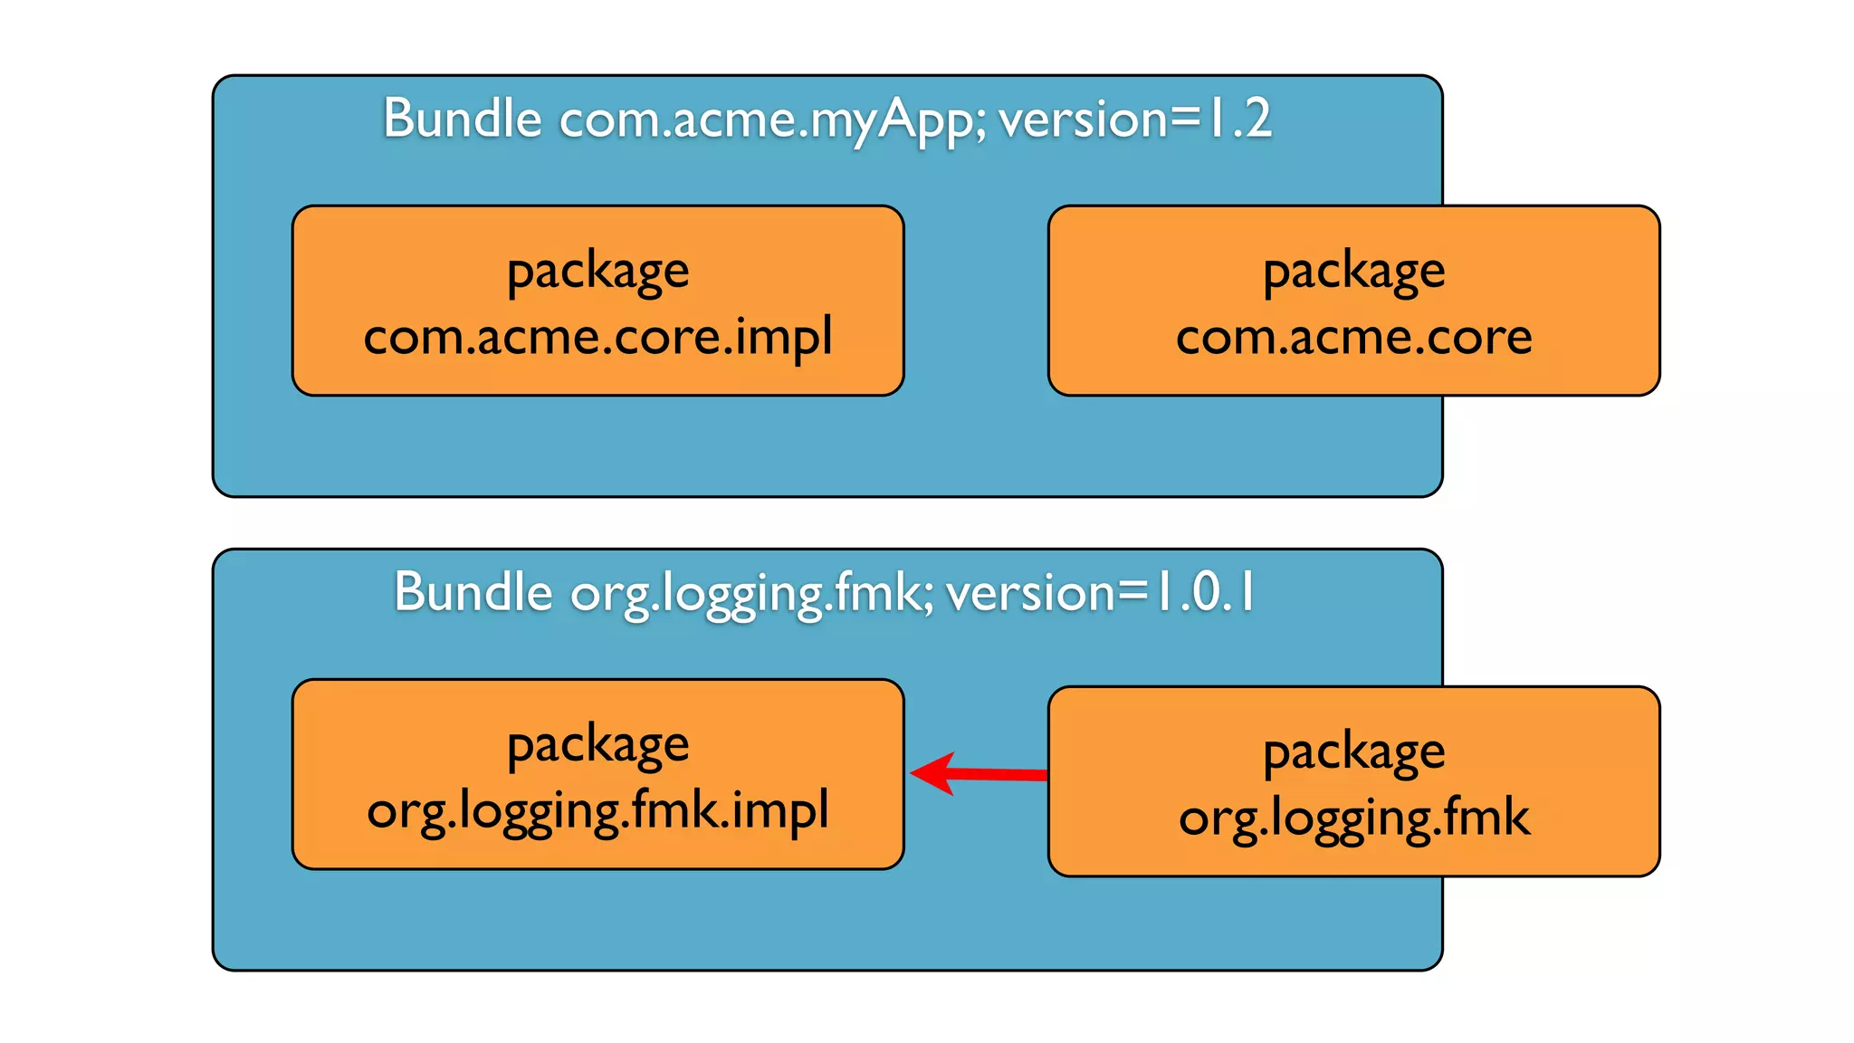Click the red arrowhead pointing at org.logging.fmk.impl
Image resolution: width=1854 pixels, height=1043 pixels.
point(932,773)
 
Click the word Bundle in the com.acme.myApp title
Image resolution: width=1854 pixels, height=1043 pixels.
point(462,119)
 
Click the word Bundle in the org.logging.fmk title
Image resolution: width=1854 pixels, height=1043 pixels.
point(473,592)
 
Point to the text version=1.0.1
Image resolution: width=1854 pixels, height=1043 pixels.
point(1099,592)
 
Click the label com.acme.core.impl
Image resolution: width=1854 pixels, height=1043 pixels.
point(597,337)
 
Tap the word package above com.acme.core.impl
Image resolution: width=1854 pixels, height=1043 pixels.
point(597,272)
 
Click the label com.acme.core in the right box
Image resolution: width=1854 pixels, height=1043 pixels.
point(1353,337)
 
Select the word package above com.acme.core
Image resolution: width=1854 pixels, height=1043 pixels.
point(1353,272)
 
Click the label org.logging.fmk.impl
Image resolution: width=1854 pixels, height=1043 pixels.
point(597,810)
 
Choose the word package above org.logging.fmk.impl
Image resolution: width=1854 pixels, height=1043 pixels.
point(597,746)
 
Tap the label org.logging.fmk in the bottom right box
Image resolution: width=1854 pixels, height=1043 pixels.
point(1353,818)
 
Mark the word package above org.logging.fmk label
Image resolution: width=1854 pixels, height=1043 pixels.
point(1353,752)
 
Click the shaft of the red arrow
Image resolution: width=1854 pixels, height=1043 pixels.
point(1000,774)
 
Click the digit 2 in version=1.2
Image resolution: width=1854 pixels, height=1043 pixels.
point(1257,119)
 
